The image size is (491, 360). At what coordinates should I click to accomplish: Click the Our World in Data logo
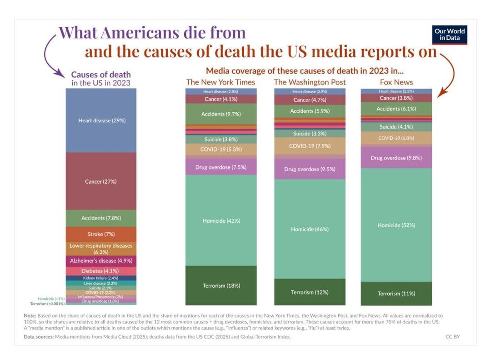pyautogui.click(x=449, y=35)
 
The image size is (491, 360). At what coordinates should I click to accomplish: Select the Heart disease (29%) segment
pyautogui.click(x=101, y=120)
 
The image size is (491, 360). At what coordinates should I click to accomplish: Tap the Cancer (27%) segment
pyautogui.click(x=101, y=181)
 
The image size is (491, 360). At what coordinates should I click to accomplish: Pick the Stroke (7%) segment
pyautogui.click(x=101, y=234)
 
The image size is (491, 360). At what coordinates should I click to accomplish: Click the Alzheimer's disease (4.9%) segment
pyautogui.click(x=101, y=261)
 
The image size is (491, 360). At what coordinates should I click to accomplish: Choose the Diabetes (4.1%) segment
pyautogui.click(x=101, y=271)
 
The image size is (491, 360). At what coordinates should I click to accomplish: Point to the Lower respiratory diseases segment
pyautogui.click(x=101, y=248)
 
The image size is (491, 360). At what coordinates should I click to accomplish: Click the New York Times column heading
pyautogui.click(x=220, y=82)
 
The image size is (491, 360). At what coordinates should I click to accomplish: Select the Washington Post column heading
pyautogui.click(x=310, y=82)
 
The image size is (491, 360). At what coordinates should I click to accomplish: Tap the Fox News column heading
pyautogui.click(x=396, y=82)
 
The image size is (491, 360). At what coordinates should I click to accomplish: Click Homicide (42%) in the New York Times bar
pyautogui.click(x=221, y=220)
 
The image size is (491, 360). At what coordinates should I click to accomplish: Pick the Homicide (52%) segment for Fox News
pyautogui.click(x=396, y=225)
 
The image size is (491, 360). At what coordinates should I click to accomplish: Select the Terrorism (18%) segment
pyautogui.click(x=221, y=285)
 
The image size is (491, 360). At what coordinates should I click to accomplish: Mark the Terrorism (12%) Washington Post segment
pyautogui.click(x=310, y=292)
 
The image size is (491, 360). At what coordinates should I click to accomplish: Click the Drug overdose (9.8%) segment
pyautogui.click(x=396, y=158)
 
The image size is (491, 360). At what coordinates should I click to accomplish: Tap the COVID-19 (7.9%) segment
pyautogui.click(x=310, y=146)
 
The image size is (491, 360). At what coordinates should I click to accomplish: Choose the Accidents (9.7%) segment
pyautogui.click(x=221, y=114)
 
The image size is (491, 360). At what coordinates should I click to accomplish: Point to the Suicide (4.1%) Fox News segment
pyautogui.click(x=396, y=127)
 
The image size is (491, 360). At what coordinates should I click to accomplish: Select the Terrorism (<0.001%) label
pyautogui.click(x=47, y=304)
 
